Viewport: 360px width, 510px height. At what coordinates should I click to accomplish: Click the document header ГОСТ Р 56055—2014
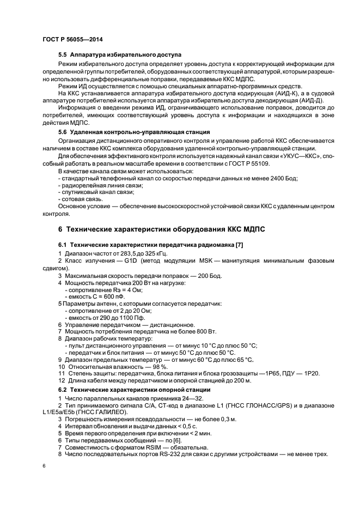tap(72, 40)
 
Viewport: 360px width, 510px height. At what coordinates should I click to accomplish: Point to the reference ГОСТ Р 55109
tap(263, 164)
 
